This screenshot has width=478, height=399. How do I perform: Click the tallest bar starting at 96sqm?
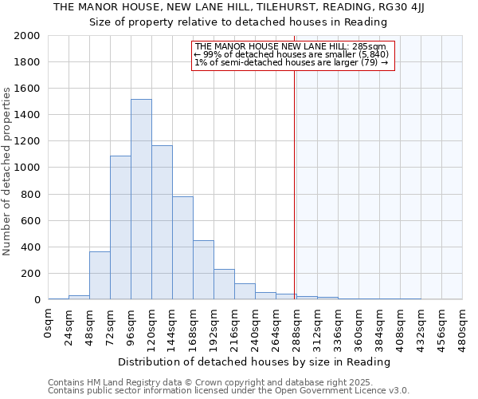point(141,199)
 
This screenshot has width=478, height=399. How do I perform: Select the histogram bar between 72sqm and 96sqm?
point(120,227)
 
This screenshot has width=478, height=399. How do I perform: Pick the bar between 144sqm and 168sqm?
point(182,248)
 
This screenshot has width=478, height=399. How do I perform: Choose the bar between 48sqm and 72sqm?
point(100,276)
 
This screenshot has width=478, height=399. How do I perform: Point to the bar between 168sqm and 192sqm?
point(203,271)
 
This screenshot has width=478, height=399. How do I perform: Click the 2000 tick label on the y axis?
point(27,36)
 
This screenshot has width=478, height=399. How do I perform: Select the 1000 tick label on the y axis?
point(27,168)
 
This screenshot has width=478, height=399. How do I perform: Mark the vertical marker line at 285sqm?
point(294,199)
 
